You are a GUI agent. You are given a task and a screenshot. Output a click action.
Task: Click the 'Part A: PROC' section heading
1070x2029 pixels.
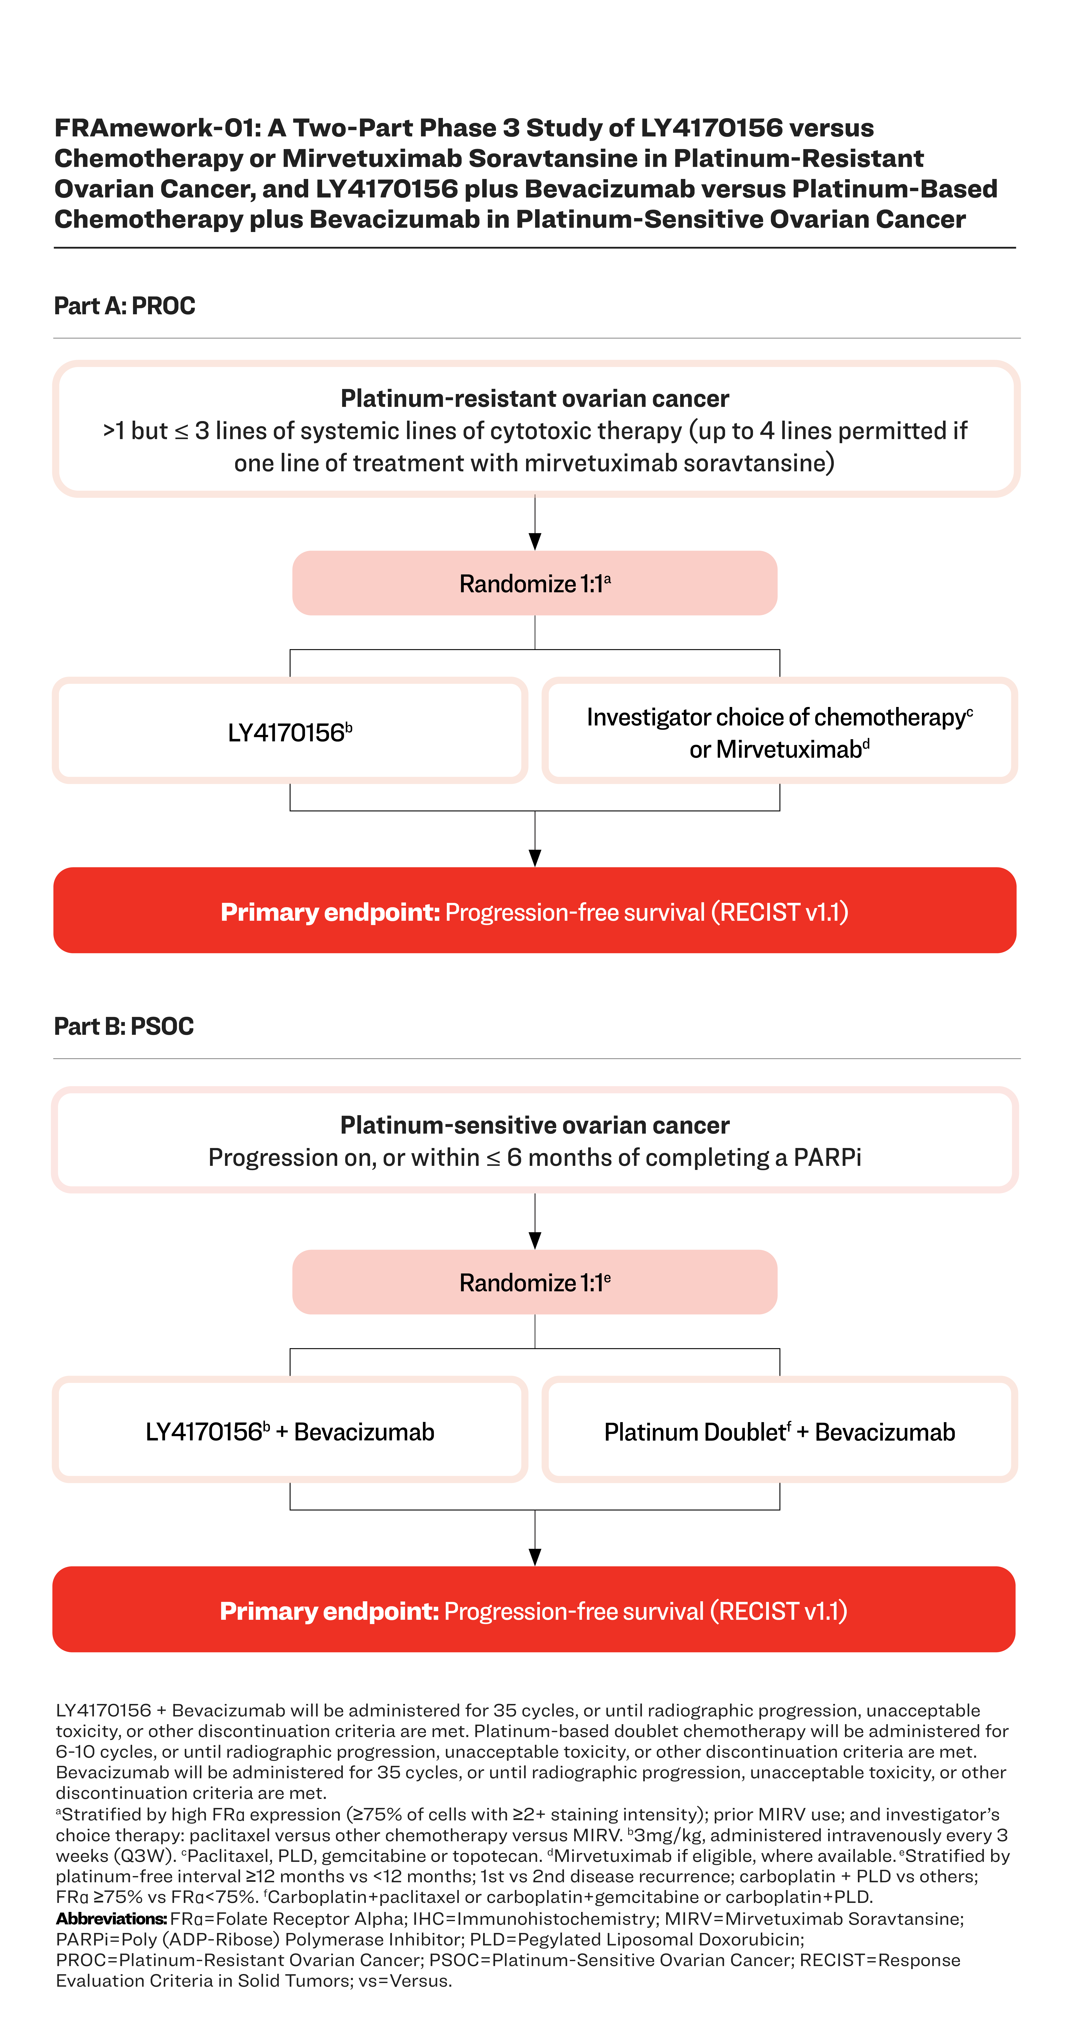point(124,306)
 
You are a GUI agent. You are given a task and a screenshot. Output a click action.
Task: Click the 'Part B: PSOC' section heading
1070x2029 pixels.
point(124,1026)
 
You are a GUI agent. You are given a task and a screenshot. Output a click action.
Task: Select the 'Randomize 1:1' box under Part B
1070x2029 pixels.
point(534,1282)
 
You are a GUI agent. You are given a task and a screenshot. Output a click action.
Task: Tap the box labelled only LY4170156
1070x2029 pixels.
point(290,732)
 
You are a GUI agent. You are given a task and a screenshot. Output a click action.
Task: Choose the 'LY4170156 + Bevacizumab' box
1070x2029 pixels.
point(290,1431)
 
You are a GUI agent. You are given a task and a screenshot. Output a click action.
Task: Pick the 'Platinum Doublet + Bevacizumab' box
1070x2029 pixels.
point(779,1431)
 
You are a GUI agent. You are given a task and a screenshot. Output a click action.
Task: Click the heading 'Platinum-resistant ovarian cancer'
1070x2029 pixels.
point(534,398)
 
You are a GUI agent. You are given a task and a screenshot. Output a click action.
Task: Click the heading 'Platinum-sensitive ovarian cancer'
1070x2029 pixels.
point(534,1125)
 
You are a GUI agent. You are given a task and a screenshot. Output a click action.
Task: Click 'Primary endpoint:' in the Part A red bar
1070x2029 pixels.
point(329,912)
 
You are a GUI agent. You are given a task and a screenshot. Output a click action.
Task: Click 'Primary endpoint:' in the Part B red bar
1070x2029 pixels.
point(329,1611)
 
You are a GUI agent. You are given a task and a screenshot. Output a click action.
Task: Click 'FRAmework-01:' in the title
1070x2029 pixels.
point(158,128)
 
